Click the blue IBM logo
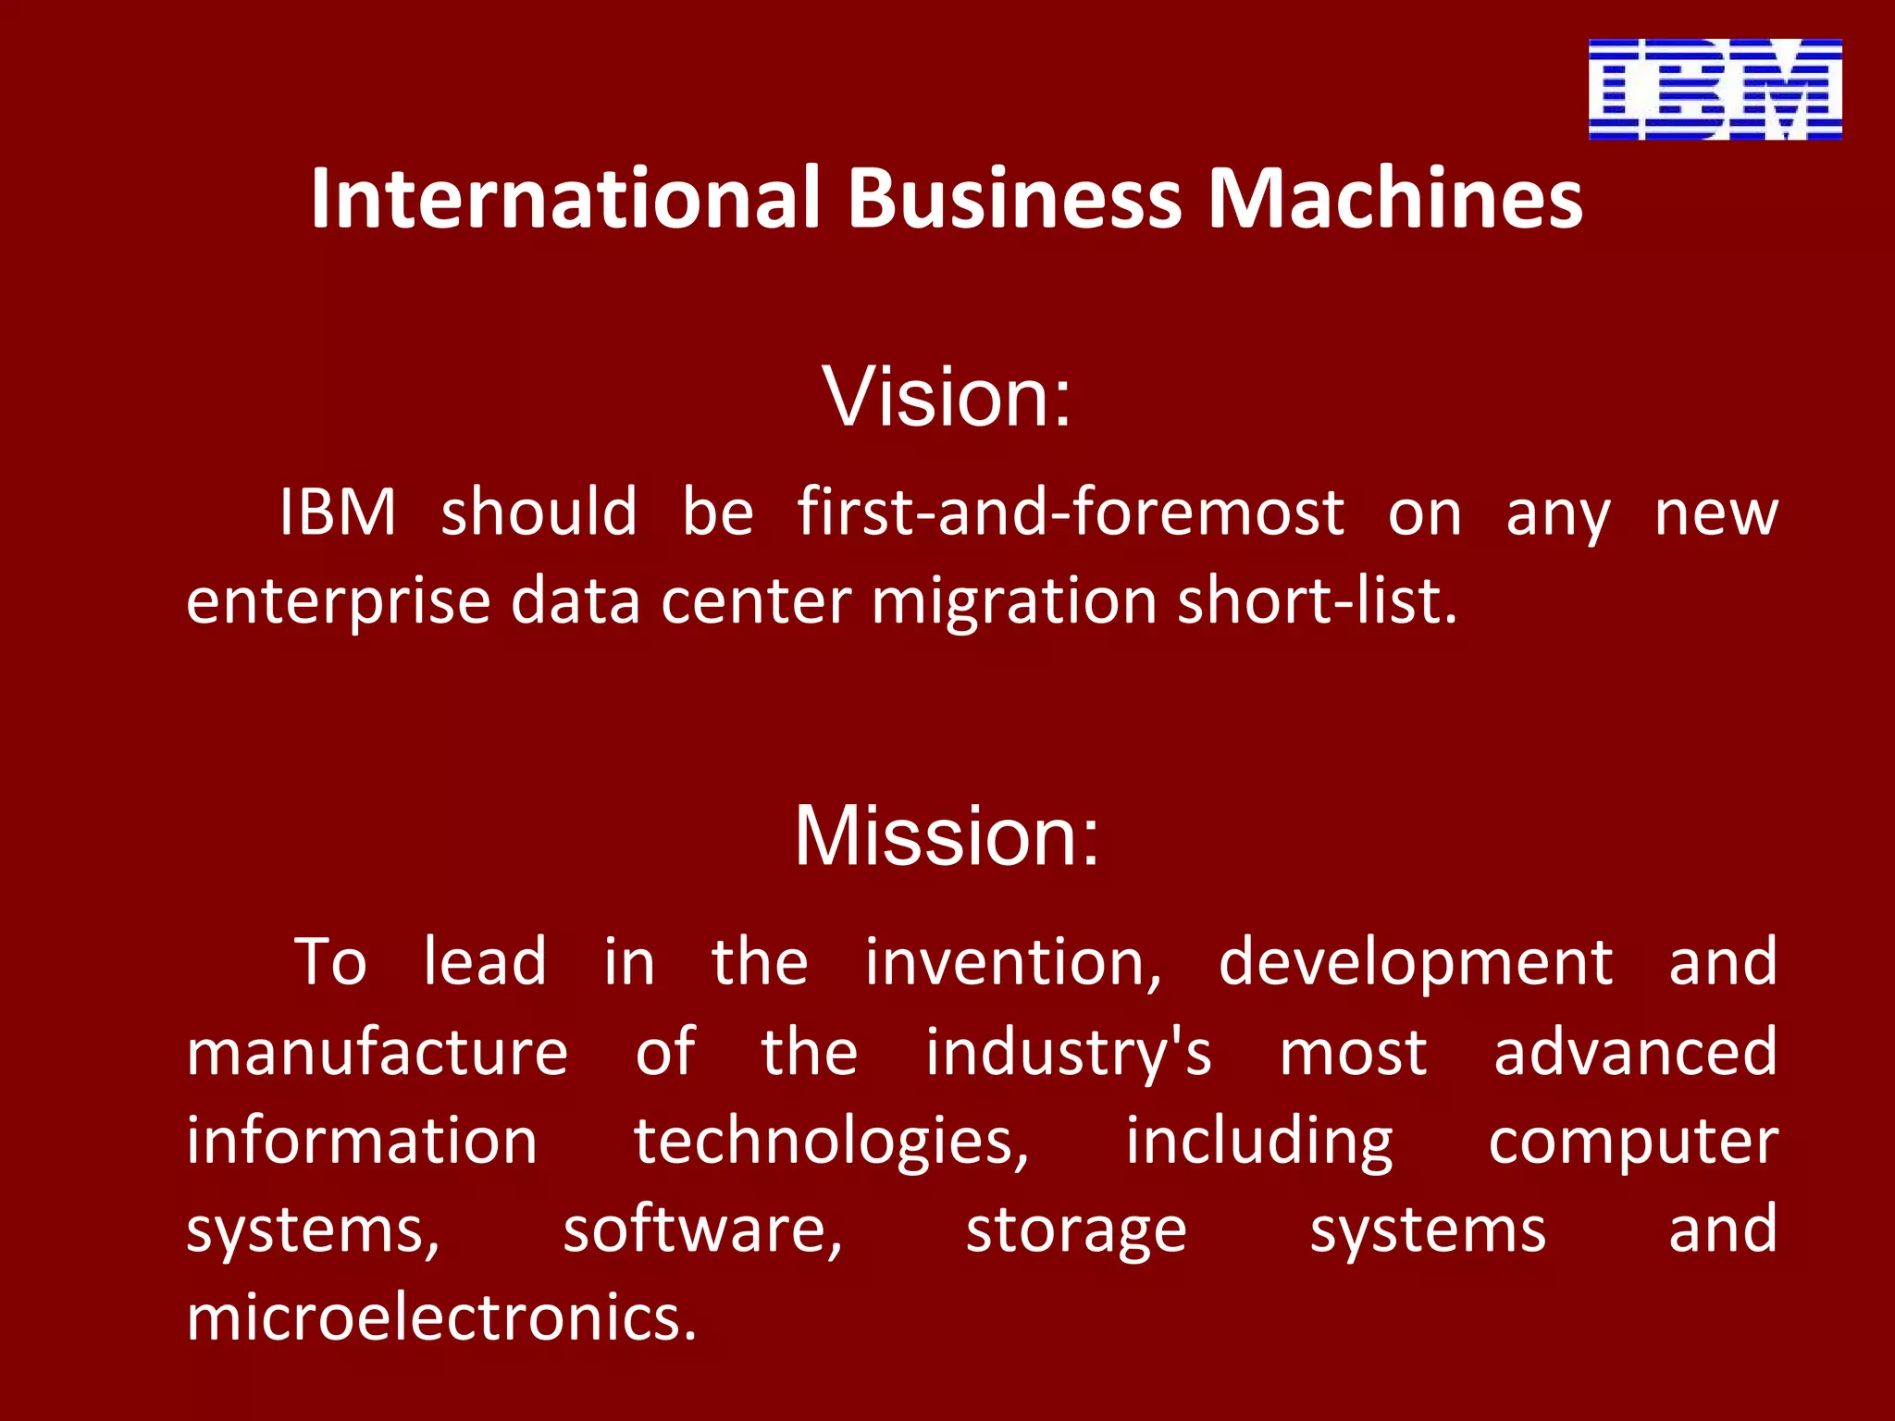[x=1715, y=89]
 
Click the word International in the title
[x=565, y=198]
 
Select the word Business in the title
[x=1015, y=198]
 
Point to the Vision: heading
[x=947, y=397]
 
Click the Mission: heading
[x=947, y=836]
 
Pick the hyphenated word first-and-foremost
[x=1071, y=512]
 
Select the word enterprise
[x=338, y=602]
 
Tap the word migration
[x=1014, y=602]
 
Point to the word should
[x=539, y=512]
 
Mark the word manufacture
[x=378, y=1052]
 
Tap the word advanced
[x=1635, y=1052]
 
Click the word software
[x=703, y=1230]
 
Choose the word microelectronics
[x=441, y=1318]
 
